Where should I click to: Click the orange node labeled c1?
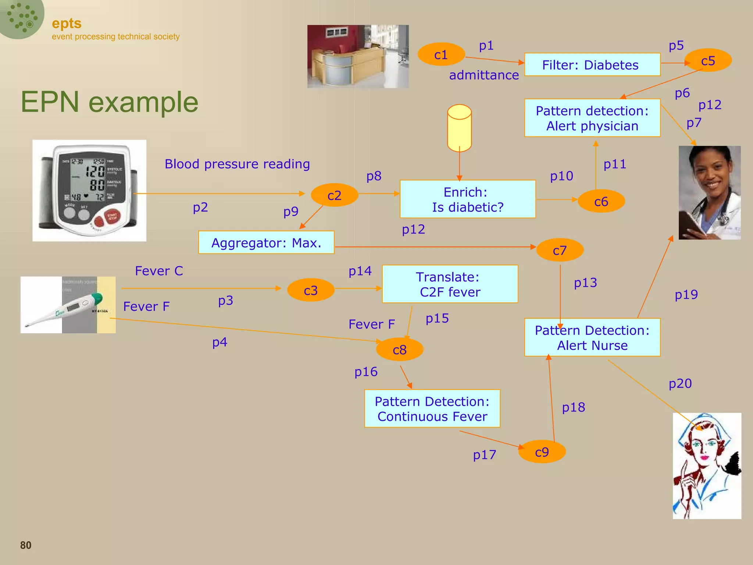[440, 54]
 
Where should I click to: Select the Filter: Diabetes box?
[592, 65]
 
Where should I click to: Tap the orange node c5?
[708, 60]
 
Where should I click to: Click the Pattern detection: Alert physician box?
[592, 118]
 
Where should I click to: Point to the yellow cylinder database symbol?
[459, 128]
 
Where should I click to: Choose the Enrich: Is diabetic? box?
[467, 199]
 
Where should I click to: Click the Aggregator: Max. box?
[266, 243]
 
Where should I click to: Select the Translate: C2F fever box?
[450, 284]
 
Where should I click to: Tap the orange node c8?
[399, 349]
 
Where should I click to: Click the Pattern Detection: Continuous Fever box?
[432, 409]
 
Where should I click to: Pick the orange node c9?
[542, 452]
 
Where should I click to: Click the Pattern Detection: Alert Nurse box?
[592, 338]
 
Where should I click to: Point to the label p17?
[484, 455]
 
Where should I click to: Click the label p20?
[680, 384]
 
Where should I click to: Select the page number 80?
[26, 545]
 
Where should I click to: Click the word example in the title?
[143, 102]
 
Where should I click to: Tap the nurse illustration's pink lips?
[704, 458]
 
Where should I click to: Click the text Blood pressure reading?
[237, 164]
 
